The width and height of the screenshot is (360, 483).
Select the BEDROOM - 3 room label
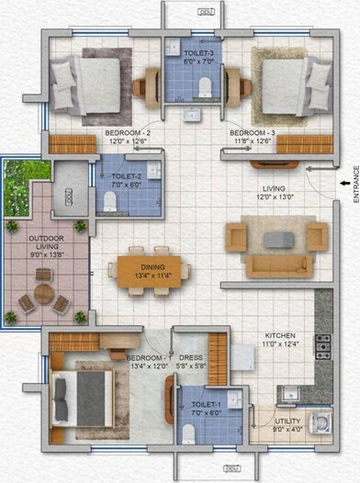tap(252, 137)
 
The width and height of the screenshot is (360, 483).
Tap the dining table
tap(152, 271)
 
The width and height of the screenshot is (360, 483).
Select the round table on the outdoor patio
tap(43, 295)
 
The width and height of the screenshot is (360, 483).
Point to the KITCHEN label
tap(279, 340)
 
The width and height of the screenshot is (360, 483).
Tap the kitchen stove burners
tap(323, 345)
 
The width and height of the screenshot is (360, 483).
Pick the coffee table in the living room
tap(276, 239)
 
